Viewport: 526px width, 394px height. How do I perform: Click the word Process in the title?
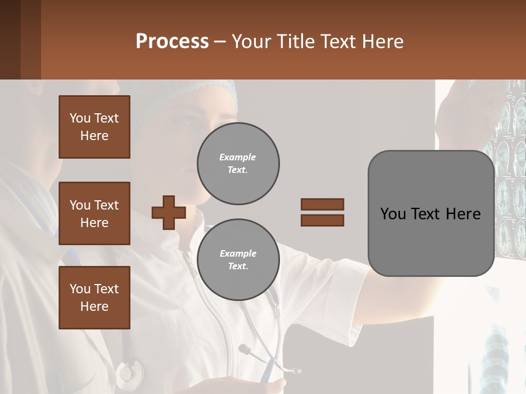click(x=172, y=42)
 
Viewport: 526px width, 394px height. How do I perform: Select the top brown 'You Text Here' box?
click(x=94, y=127)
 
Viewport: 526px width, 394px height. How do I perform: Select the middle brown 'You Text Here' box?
click(x=94, y=213)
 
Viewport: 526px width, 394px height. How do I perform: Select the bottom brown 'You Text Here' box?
click(x=94, y=297)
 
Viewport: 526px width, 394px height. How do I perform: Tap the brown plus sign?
click(x=168, y=212)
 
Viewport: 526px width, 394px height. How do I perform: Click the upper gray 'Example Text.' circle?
click(x=238, y=163)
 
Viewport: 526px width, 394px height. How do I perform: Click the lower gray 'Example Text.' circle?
click(x=238, y=259)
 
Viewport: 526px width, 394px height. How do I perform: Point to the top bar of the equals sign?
click(x=322, y=204)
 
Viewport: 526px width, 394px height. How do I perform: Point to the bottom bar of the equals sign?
click(x=322, y=220)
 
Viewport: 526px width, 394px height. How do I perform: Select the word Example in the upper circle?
click(x=238, y=157)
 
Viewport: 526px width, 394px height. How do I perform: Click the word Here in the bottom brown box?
click(x=94, y=306)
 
